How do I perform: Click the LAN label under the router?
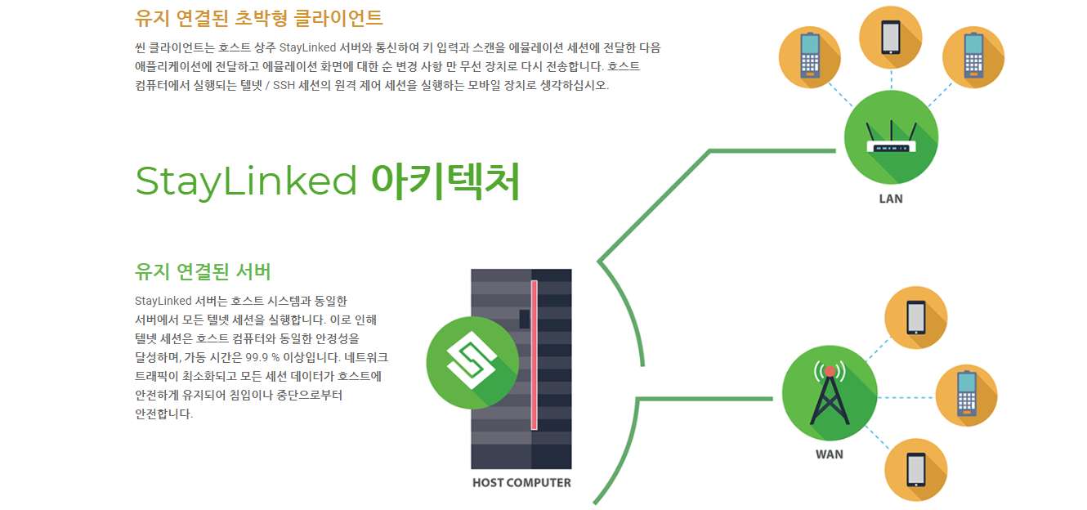tap(891, 199)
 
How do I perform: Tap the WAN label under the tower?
tap(829, 454)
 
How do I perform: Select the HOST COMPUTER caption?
tap(521, 482)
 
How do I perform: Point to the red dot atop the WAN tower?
tap(830, 371)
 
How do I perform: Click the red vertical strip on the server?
tap(535, 356)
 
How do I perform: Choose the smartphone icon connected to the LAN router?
tap(891, 38)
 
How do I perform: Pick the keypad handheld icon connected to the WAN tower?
tap(967, 396)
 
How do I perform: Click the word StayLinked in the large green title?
tap(246, 181)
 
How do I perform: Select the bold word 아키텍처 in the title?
tap(445, 181)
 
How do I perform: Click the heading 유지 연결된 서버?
tap(203, 271)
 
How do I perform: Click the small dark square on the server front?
tap(525, 319)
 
